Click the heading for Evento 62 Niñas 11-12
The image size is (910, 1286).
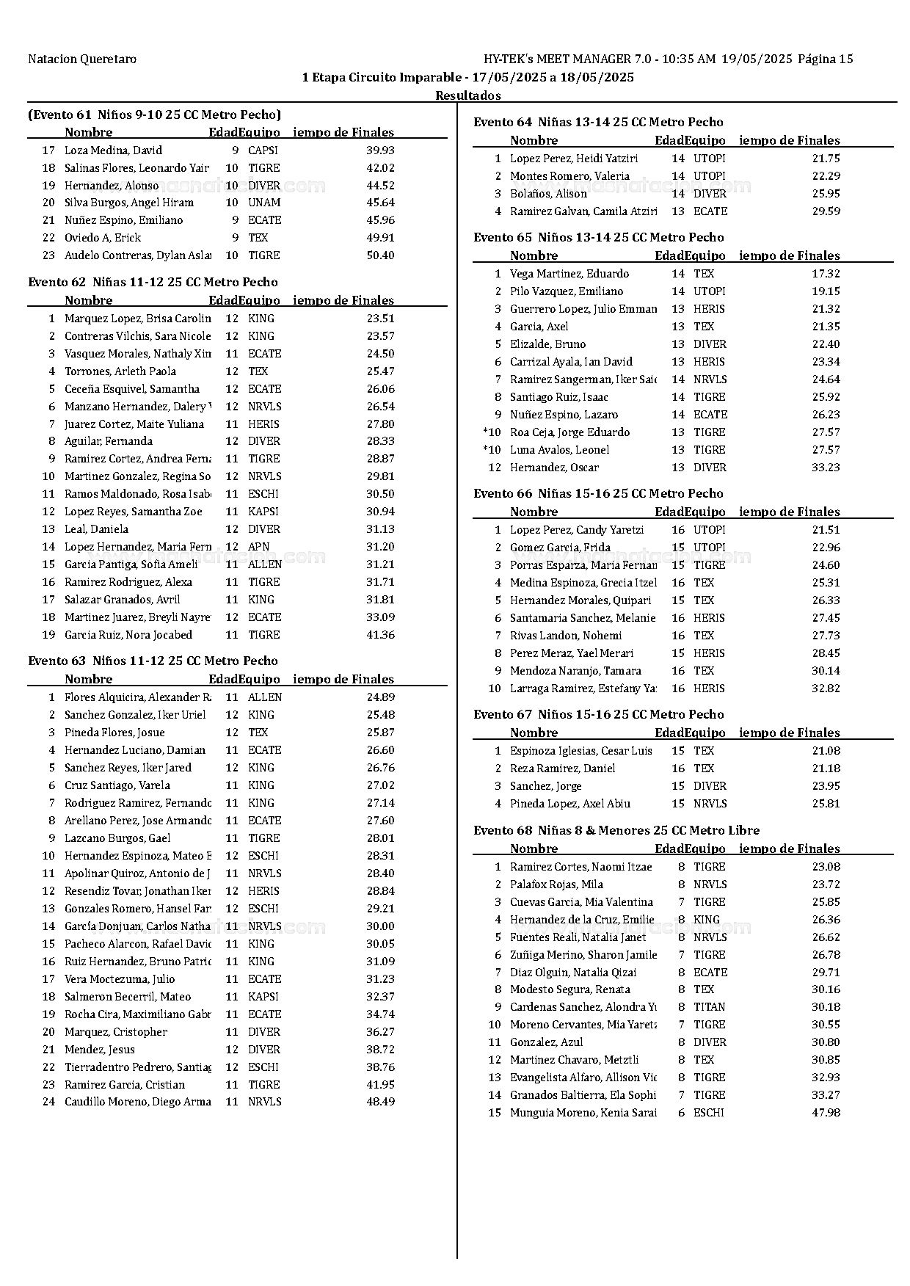153,283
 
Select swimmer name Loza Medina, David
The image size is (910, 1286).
113,150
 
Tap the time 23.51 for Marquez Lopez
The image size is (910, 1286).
380,319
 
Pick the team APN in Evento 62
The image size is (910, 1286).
258,547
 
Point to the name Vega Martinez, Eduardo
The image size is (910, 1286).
569,274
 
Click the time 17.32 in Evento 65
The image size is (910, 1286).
826,274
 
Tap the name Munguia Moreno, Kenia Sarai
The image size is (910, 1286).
583,1113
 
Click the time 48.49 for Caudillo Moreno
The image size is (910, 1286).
380,1102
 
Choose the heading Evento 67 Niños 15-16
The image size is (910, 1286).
598,715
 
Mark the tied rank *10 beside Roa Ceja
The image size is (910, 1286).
492,432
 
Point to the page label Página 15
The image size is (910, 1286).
825,59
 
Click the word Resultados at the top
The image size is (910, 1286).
468,95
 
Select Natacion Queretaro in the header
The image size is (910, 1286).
82,59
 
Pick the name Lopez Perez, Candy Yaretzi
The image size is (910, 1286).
577,530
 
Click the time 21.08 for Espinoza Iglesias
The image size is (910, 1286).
826,751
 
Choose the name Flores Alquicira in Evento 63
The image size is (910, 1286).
137,697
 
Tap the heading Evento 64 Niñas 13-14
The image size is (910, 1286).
598,123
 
